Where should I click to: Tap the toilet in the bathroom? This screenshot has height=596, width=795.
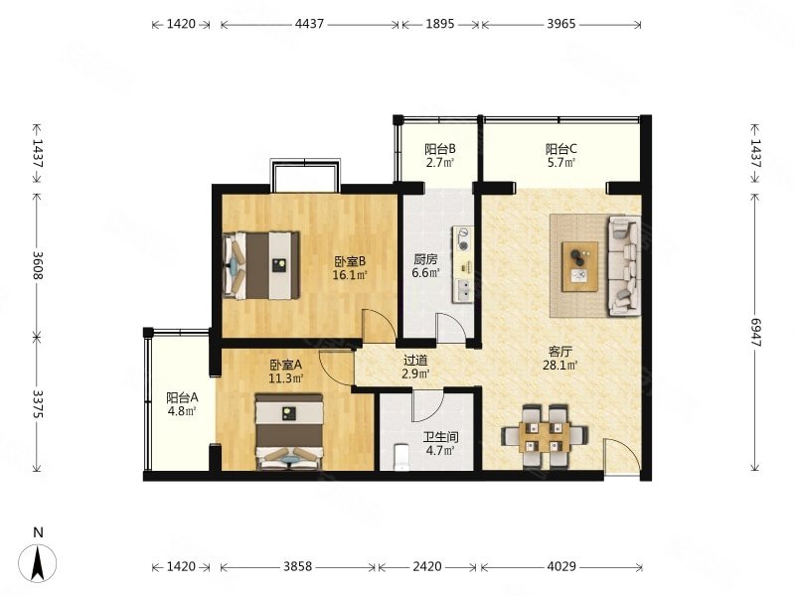(x=401, y=457)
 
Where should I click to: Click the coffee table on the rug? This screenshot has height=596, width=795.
(x=579, y=266)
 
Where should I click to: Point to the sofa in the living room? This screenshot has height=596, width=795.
(x=624, y=266)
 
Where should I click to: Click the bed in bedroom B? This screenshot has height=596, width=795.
(x=261, y=265)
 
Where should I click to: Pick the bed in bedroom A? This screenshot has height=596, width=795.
(x=289, y=432)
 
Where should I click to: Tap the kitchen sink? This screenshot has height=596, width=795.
(x=464, y=290)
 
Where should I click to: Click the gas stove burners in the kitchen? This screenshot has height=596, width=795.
(x=463, y=239)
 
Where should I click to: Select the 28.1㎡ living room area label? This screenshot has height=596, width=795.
(x=560, y=365)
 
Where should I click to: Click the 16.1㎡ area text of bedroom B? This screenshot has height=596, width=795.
(x=350, y=275)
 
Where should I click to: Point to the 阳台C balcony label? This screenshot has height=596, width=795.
(x=560, y=149)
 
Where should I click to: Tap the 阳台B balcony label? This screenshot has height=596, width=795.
(x=439, y=149)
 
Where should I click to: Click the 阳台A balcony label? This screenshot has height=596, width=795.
(x=182, y=396)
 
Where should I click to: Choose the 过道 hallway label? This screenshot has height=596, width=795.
(x=415, y=361)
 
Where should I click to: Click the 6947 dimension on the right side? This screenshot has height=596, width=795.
(x=756, y=333)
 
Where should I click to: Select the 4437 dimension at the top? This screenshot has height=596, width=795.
(x=309, y=24)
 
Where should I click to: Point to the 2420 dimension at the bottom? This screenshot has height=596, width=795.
(x=427, y=566)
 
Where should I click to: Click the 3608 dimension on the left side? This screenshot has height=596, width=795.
(x=38, y=264)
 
